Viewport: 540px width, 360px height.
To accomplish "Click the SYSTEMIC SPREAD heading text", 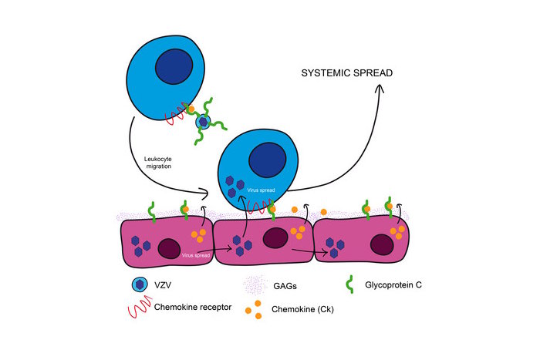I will coord(347,73).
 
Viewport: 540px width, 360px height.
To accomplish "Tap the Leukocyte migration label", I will coord(157,164).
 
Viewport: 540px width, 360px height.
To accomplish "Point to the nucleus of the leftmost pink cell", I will coord(170,248).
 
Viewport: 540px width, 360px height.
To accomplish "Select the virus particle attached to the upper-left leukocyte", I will coord(203,122).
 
